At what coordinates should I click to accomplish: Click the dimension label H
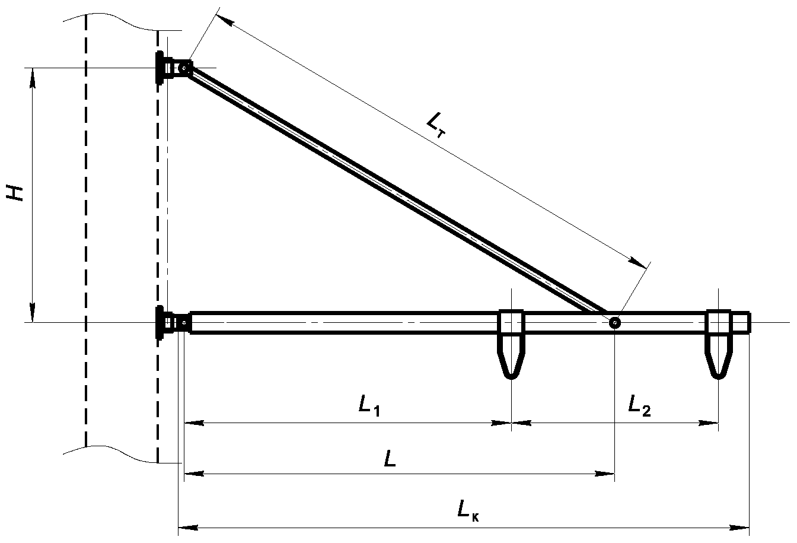15,193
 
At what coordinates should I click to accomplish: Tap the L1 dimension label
369,407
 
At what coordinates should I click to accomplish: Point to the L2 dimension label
639,405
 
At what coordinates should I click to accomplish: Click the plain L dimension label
390,459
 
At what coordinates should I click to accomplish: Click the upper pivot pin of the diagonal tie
184,68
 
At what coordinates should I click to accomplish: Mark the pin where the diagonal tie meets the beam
614,323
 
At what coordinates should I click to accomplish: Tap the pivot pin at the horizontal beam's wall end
184,323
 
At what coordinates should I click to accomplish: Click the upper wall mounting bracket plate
160,68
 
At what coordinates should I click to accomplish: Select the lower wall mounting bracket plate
160,323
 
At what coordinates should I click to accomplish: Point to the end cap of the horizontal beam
741,323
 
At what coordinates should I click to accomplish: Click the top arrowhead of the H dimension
33,78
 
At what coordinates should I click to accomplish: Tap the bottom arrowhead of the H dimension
33,313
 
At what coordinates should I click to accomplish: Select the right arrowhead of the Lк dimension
739,528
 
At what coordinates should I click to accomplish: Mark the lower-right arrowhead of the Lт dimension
637,263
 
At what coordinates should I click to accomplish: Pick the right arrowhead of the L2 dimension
708,423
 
